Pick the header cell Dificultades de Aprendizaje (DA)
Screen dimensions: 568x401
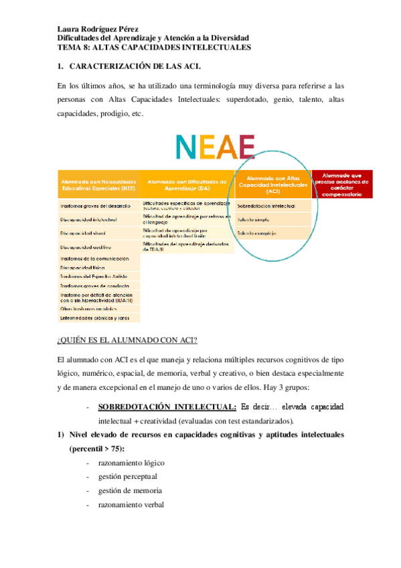click(x=187, y=186)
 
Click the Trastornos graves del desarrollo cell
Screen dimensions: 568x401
click(x=95, y=206)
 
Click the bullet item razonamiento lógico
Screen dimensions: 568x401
click(x=131, y=463)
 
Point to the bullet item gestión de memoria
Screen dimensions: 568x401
click(x=130, y=491)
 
